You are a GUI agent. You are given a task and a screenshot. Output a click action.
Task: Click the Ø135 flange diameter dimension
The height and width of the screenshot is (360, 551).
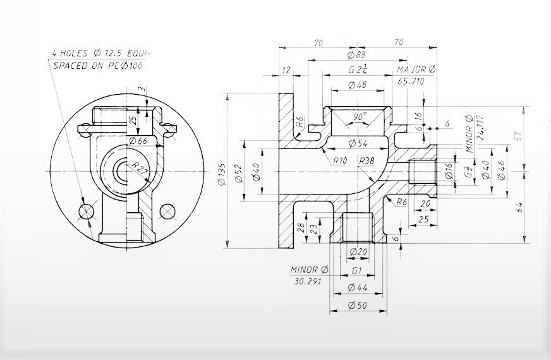click(222, 170)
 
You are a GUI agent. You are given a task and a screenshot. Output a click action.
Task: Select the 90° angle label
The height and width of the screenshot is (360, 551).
click(360, 117)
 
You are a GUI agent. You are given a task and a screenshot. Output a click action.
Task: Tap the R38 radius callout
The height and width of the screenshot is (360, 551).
click(365, 161)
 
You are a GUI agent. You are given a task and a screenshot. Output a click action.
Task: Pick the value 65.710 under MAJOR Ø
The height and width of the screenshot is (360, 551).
click(411, 81)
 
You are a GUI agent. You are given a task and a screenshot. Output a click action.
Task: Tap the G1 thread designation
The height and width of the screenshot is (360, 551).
click(357, 271)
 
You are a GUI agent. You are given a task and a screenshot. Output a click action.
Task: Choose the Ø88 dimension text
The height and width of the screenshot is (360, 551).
click(357, 55)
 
